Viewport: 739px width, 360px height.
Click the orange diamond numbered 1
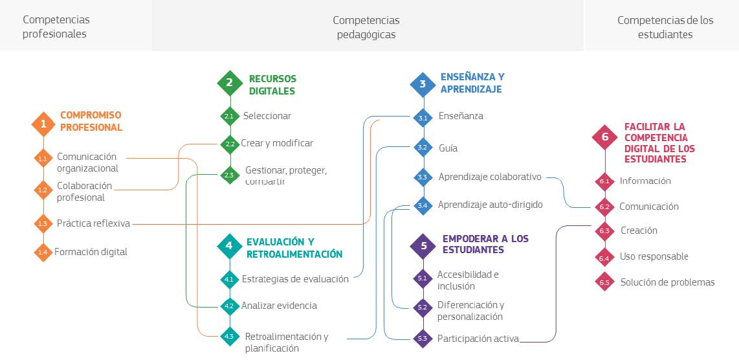(43, 123)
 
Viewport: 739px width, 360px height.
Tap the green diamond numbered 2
(229, 83)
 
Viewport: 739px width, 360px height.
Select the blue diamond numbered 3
(423, 84)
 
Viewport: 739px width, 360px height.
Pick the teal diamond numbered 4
(228, 245)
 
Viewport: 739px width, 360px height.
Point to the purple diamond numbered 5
(423, 245)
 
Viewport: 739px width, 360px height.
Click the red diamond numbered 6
(605, 137)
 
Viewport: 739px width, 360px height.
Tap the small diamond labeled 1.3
(43, 223)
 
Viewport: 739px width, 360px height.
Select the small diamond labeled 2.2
(229, 144)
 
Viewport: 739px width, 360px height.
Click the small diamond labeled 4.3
(229, 337)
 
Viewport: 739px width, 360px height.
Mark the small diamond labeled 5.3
(423, 338)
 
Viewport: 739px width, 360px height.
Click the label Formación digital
(91, 252)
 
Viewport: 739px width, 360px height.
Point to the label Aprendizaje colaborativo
(490, 177)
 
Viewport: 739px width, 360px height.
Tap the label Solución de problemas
(667, 282)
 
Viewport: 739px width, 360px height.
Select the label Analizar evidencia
(279, 306)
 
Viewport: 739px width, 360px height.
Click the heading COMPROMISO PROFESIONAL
(91, 121)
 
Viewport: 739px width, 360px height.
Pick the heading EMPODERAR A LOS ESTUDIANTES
(485, 244)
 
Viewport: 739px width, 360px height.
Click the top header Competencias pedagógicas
(366, 27)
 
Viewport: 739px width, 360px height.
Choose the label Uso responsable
(654, 256)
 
